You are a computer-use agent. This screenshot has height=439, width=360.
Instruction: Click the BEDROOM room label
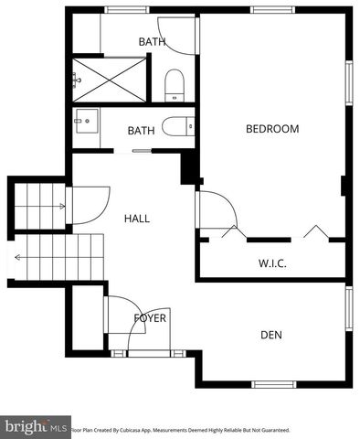pyautogui.click(x=272, y=129)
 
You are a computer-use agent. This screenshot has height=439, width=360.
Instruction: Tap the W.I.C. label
pyautogui.click(x=273, y=263)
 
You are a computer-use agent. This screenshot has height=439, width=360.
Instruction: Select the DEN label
pyautogui.click(x=271, y=335)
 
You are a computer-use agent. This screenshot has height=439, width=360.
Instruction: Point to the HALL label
pyautogui.click(x=137, y=219)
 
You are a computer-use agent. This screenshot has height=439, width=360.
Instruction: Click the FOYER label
pyautogui.click(x=150, y=318)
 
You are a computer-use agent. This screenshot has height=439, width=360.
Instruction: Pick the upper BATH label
pyautogui.click(x=152, y=41)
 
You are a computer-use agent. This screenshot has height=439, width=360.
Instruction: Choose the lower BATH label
pyautogui.click(x=141, y=131)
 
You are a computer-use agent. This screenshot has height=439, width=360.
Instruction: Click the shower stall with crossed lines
pyautogui.click(x=109, y=80)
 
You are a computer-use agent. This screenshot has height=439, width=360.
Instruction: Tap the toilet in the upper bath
pyautogui.click(x=175, y=87)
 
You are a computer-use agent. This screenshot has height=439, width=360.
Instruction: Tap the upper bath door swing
pyautogui.click(x=179, y=35)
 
